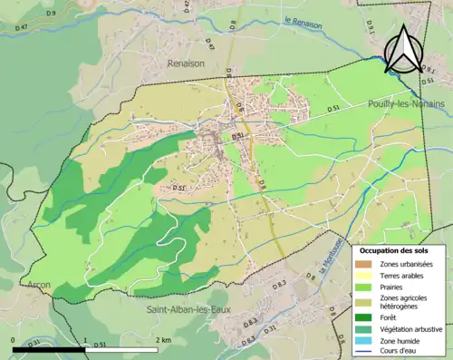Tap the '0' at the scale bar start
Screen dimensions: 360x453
pyautogui.click(x=14, y=339)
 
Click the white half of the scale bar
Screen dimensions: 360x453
pyautogui.click(x=125, y=349)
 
